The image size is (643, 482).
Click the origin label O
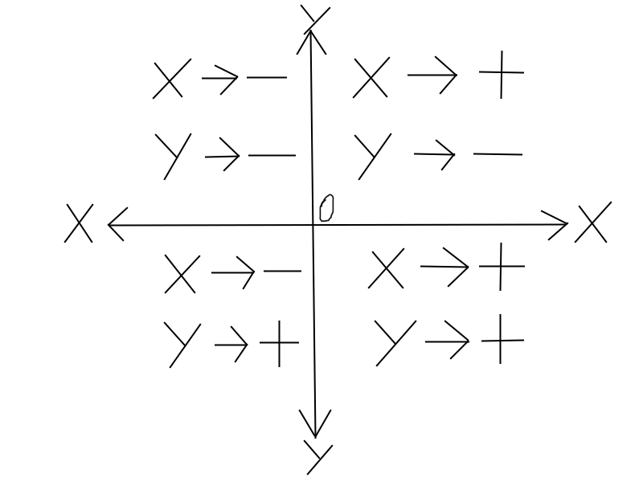[326, 207]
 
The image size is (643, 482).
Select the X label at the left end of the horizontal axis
[79, 223]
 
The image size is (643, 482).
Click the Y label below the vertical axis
[318, 457]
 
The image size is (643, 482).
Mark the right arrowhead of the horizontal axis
[556, 225]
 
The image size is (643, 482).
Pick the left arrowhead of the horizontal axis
[117, 224]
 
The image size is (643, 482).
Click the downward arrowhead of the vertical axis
[315, 423]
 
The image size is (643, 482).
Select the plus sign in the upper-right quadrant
[502, 73]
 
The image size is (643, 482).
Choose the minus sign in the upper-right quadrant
[498, 153]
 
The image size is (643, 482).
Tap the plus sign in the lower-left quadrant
[277, 346]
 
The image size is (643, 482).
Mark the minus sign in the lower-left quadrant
[282, 272]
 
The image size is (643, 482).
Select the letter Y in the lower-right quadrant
[394, 341]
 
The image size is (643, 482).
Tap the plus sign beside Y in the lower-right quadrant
[502, 341]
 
